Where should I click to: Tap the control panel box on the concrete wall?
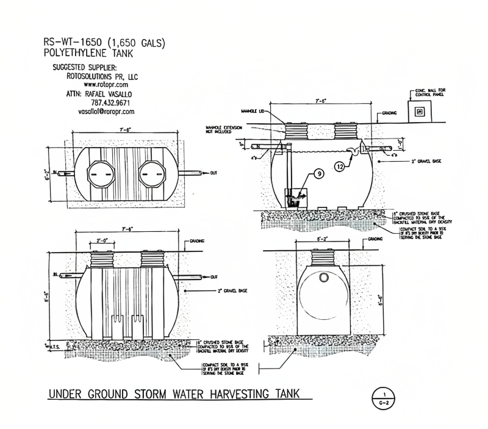[x=418, y=112]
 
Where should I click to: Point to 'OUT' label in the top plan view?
[x=213, y=173]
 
